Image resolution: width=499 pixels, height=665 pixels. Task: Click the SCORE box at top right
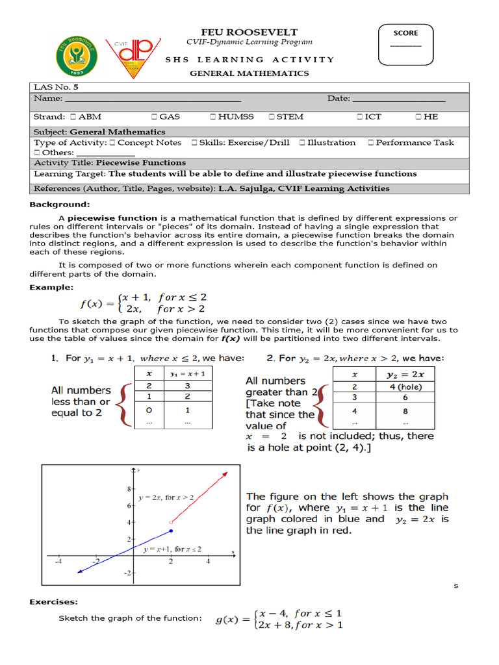pos(405,44)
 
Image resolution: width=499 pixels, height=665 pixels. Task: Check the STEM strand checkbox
pos(272,117)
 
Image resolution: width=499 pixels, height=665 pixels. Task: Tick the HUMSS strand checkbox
pos(213,117)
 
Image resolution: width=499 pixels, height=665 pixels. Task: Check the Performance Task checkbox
pos(370,143)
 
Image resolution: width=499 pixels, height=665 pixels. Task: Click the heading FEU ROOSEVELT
pos(249,32)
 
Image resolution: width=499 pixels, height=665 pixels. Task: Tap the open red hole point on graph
pos(171,522)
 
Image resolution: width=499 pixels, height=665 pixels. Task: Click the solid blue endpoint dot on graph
pos(171,531)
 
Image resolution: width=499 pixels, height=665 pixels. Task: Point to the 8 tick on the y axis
pos(129,488)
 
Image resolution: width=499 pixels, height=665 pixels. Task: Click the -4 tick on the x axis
pos(58,561)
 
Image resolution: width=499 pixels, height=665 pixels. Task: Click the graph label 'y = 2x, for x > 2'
pos(165,497)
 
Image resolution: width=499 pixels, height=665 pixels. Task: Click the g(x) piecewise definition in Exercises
pos(279,619)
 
